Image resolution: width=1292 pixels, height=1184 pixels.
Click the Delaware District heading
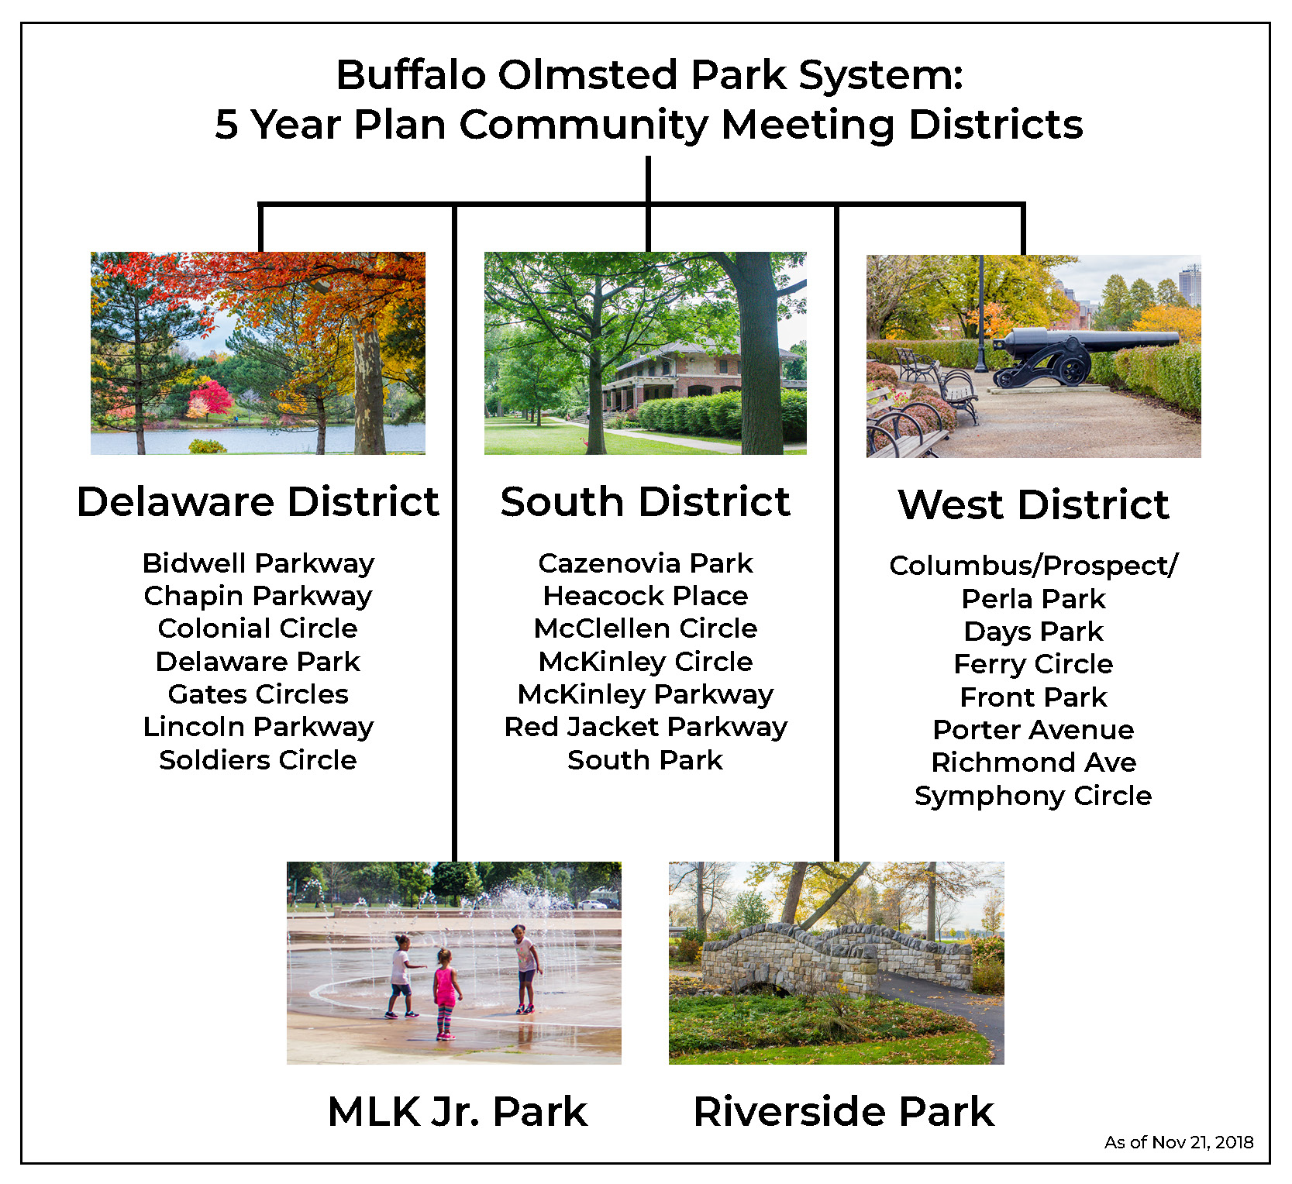[258, 501]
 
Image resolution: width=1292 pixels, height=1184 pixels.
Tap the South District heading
[646, 501]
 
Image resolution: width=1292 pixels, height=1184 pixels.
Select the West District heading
[1033, 504]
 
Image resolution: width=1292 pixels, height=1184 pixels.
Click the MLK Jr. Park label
[457, 1111]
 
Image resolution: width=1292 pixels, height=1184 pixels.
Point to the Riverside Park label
[843, 1111]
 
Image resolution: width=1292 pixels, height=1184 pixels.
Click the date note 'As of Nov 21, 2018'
[1179, 1142]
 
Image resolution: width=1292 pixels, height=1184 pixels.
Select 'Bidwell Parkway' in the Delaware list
[258, 564]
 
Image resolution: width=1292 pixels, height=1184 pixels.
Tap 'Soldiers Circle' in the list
[258, 760]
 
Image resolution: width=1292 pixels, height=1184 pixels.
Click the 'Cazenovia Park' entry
[646, 563]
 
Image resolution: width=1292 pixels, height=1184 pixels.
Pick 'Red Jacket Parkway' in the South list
[646, 728]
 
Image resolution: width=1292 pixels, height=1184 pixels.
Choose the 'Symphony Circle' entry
[1033, 797]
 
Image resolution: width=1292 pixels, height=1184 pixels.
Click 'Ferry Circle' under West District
[1033, 664]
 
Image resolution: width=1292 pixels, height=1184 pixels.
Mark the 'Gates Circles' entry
[258, 694]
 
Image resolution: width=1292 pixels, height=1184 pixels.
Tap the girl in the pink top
[446, 993]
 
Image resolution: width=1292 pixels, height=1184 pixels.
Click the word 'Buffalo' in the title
[411, 75]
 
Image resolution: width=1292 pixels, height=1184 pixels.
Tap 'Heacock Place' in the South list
[646, 596]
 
